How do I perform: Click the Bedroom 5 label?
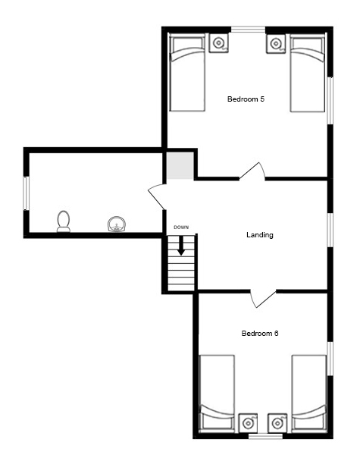246,99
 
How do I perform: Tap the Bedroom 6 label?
259,334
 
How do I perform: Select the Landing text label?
260,235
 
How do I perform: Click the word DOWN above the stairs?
181,227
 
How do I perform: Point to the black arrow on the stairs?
181,246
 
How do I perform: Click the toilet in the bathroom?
64,221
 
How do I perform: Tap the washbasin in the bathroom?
117,224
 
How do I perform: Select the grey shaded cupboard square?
180,165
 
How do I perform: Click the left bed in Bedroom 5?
187,73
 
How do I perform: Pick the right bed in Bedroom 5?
308,73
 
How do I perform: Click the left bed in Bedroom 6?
217,394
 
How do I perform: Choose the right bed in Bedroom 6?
309,394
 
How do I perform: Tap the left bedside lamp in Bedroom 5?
218,43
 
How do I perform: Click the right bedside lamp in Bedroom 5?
275,43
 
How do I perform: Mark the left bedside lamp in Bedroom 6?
248,423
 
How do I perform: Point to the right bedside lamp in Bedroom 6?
277,423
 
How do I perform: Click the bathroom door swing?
157,197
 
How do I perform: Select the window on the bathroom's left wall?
27,193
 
